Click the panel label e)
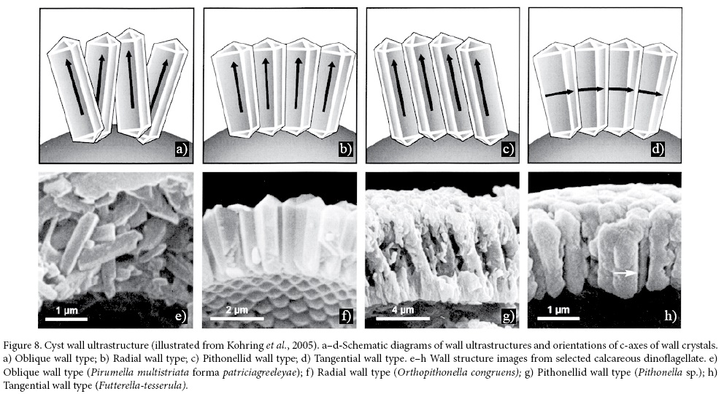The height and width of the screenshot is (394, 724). (180, 316)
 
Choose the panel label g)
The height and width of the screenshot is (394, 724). (508, 316)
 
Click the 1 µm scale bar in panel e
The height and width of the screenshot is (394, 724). (67, 318)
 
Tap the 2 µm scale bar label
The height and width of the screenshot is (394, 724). (237, 309)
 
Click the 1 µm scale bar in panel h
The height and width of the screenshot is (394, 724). (558, 318)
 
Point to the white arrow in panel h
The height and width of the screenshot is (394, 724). (625, 273)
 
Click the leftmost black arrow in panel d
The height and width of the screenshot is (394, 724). (559, 93)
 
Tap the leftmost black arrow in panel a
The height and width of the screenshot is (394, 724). (74, 87)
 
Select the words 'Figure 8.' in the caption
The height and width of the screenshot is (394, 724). (21, 345)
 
